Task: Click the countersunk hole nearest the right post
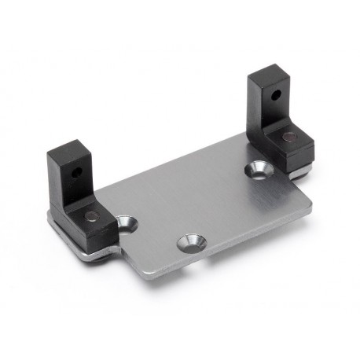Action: click(255, 167)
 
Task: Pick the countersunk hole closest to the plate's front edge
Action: click(189, 242)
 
